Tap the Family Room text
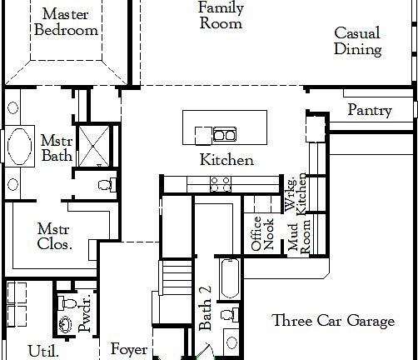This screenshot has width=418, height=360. (221, 16)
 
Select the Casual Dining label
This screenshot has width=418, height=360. (357, 42)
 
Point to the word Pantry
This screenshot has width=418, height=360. (370, 110)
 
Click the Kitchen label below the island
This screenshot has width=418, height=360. (226, 160)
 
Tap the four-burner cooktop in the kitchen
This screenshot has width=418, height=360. (221, 184)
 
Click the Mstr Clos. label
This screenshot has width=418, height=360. (55, 236)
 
